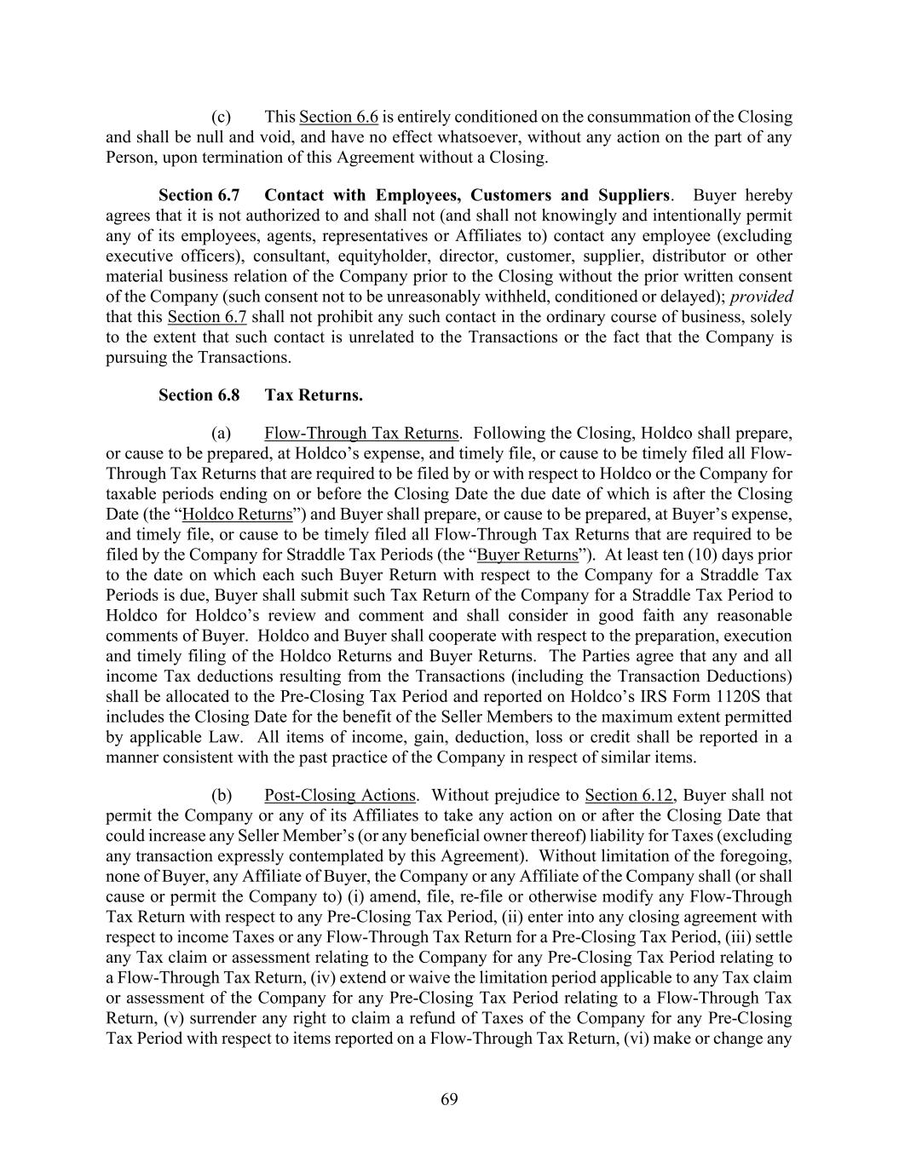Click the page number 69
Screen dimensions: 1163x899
point(449,1099)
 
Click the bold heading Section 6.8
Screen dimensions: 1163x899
point(199,395)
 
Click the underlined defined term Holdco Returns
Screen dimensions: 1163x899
point(238,514)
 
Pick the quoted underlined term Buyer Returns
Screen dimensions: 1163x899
point(527,555)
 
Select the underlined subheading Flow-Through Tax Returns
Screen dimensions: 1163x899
point(361,433)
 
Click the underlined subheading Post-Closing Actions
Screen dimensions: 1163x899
point(340,795)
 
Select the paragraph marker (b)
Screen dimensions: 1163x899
point(222,795)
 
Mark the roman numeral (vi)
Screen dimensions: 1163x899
point(631,1039)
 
